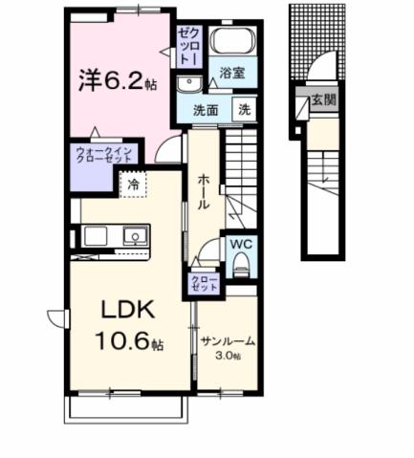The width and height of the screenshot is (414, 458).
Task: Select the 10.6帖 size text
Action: (x=120, y=340)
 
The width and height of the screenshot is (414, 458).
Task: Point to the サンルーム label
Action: (x=227, y=341)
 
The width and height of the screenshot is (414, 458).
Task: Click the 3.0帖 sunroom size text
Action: (x=227, y=356)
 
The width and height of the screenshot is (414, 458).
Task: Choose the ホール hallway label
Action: (x=205, y=190)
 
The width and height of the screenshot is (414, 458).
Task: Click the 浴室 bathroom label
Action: (x=230, y=72)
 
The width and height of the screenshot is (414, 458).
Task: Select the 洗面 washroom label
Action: (x=208, y=110)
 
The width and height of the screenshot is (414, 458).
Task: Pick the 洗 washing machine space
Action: (x=245, y=110)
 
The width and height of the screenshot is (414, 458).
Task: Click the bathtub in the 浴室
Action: (x=229, y=43)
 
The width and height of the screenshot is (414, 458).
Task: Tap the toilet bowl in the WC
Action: (x=241, y=263)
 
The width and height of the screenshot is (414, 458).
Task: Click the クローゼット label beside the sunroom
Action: (x=204, y=283)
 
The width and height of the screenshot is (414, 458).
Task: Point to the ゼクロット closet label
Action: (x=186, y=46)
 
